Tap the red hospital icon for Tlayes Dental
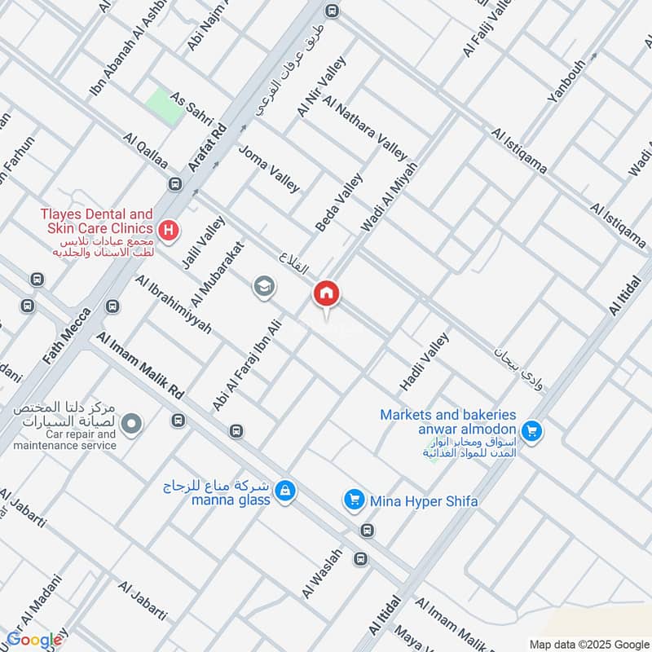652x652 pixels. point(169,231)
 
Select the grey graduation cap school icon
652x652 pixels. point(264,286)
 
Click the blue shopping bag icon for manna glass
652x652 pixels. point(284,490)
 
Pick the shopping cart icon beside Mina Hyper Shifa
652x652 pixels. point(354,499)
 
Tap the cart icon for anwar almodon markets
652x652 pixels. point(533,430)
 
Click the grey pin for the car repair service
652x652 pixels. point(132,423)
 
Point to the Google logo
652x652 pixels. point(33,639)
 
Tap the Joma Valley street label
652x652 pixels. point(269,169)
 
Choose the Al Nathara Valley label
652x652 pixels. point(364,127)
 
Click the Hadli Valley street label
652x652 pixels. point(424,360)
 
